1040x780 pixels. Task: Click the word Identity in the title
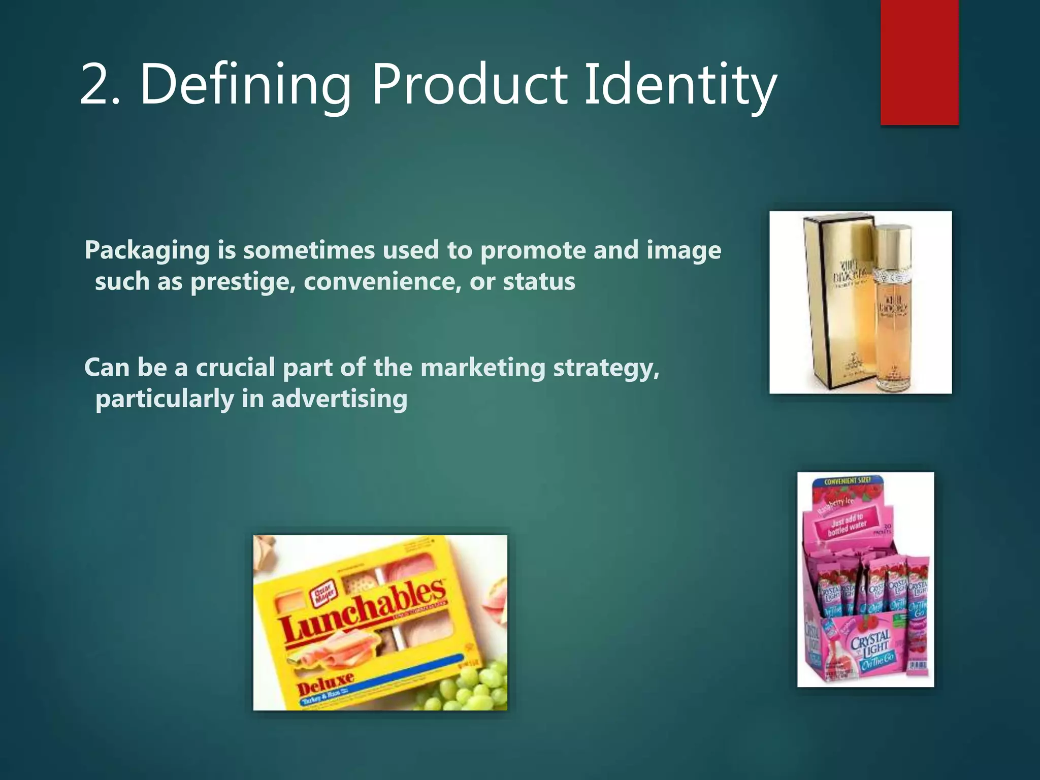click(680, 84)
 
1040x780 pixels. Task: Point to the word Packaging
click(147, 250)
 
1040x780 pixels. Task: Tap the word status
click(539, 282)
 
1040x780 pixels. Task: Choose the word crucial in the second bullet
click(235, 367)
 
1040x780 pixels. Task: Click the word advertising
click(339, 399)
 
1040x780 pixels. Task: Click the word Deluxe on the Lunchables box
click(325, 683)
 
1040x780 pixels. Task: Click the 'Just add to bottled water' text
click(847, 525)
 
